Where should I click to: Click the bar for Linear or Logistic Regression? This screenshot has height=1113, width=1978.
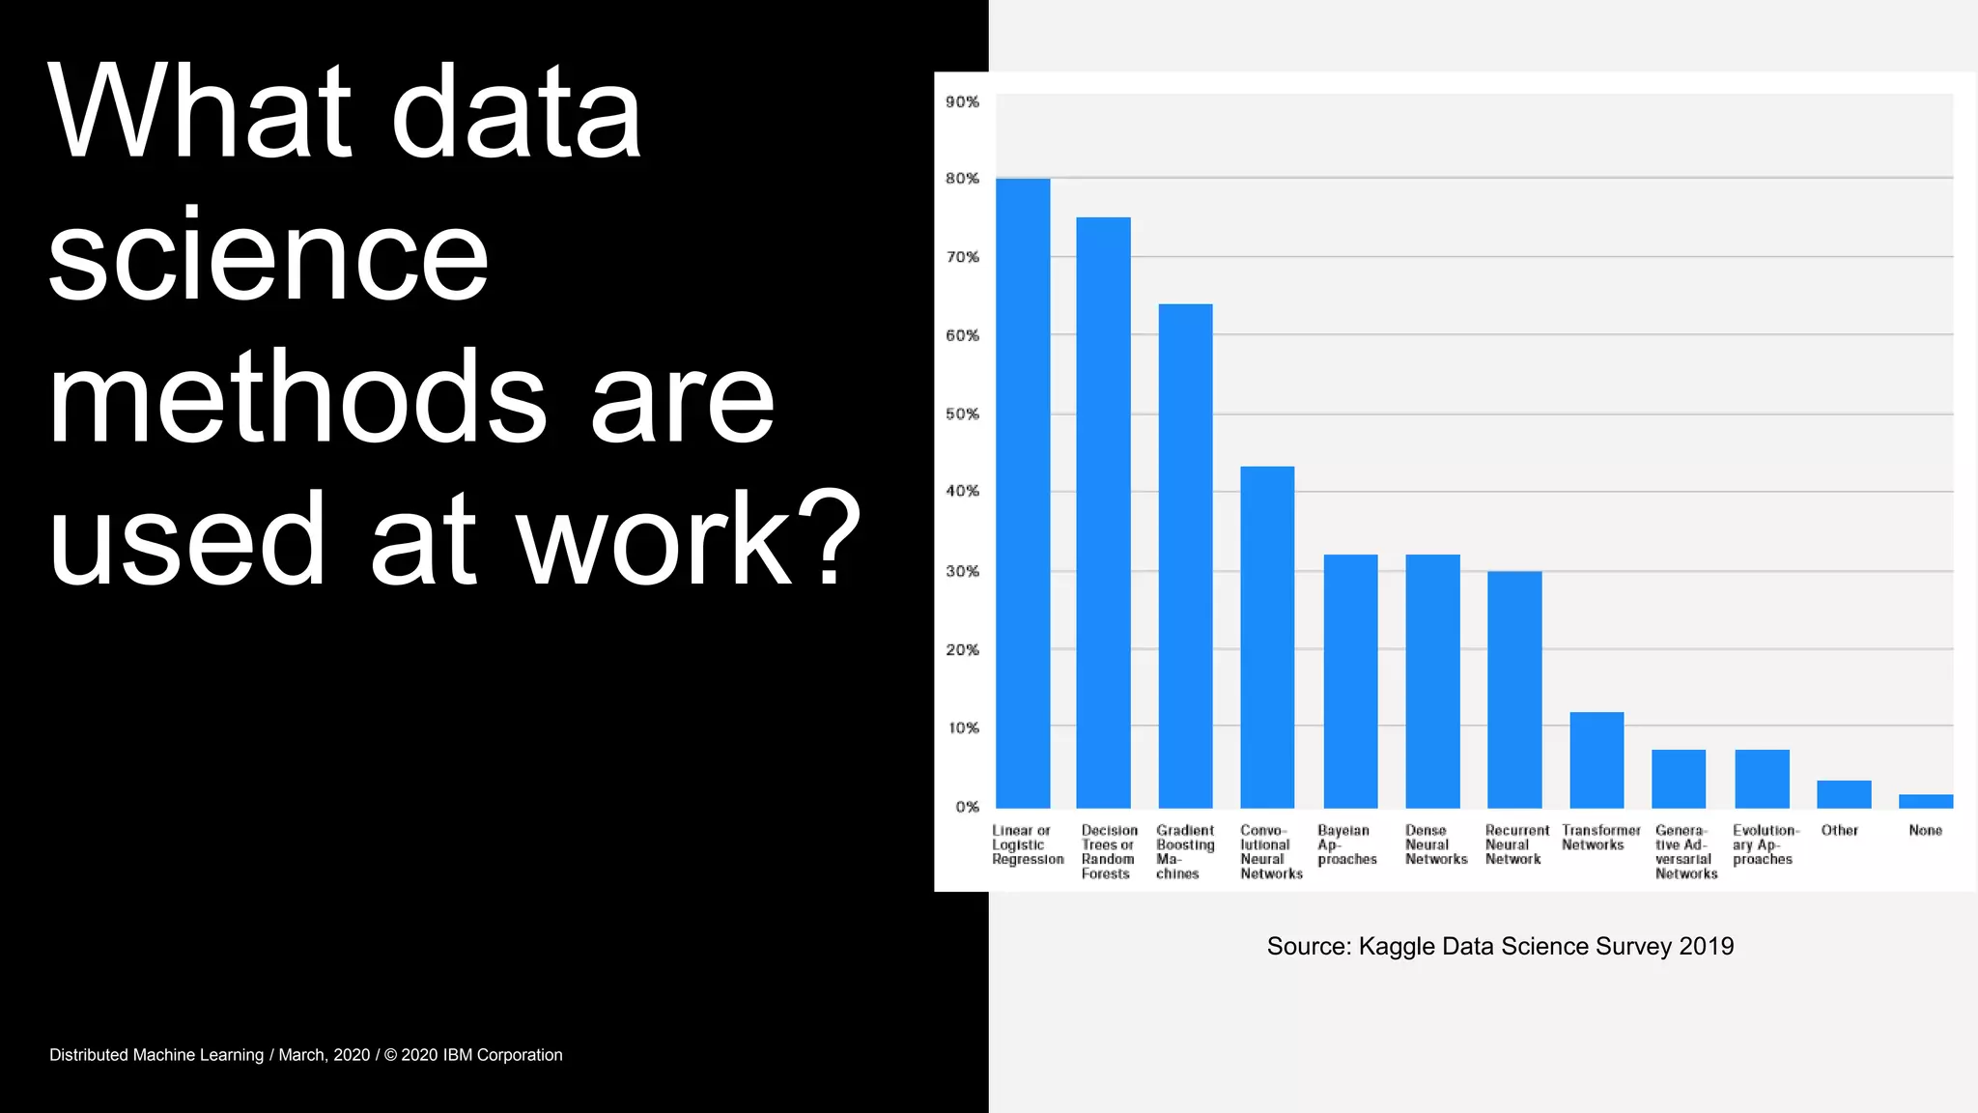[x=1023, y=493]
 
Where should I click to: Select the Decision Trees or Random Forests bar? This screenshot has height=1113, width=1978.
[x=1103, y=512]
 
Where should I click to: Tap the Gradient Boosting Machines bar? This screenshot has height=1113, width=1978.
[x=1185, y=556]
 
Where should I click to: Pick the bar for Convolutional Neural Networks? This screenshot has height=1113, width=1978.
[x=1267, y=637]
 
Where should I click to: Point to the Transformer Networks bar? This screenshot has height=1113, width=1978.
[x=1597, y=759]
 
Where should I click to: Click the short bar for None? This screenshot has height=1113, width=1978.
[x=1926, y=801]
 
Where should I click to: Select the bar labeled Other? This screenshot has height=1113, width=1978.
[x=1844, y=794]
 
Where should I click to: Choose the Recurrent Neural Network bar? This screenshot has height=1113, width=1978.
[x=1514, y=689]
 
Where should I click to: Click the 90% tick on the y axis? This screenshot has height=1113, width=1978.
[x=962, y=101]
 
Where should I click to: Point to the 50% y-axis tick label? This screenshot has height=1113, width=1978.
[x=962, y=414]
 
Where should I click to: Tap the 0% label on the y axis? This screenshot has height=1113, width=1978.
[x=967, y=807]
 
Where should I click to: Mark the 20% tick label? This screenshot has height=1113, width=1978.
[x=962, y=649]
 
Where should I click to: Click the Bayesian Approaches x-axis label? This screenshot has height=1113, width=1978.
[x=1346, y=844]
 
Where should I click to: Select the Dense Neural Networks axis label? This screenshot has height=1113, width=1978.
[x=1435, y=844]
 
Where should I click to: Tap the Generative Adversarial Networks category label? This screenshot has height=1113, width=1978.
[x=1685, y=851]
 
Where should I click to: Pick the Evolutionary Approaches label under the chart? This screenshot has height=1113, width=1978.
[x=1765, y=844]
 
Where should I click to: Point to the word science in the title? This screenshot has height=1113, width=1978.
[x=268, y=257]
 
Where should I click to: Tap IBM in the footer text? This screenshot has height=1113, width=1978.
[x=458, y=1055]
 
